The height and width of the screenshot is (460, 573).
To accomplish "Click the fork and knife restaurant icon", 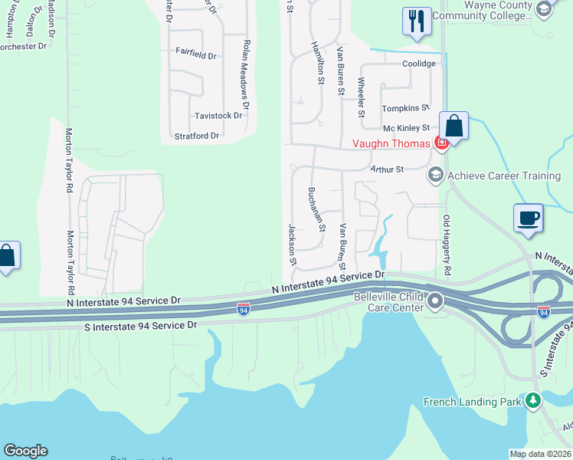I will tap(416, 21).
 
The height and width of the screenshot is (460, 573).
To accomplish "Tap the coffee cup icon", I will tap(529, 218).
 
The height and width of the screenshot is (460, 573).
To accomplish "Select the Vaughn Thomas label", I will tap(390, 143).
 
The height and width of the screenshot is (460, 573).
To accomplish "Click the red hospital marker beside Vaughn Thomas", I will tap(441, 143).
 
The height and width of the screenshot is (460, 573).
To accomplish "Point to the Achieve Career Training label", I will tap(504, 176).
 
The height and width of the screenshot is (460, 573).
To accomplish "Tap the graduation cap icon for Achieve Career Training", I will tap(436, 175).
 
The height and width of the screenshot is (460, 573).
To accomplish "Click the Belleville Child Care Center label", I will tap(388, 302).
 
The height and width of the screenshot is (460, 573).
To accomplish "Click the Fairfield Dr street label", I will tap(196, 55).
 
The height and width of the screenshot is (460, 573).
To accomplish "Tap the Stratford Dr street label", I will tap(197, 136).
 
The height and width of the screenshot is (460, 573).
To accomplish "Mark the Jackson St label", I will tap(292, 244).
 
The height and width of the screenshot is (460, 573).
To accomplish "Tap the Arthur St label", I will tap(387, 169).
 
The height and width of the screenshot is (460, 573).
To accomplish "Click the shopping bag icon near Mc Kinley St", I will tap(453, 126).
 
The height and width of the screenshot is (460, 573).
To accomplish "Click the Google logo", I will tap(25, 451).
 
